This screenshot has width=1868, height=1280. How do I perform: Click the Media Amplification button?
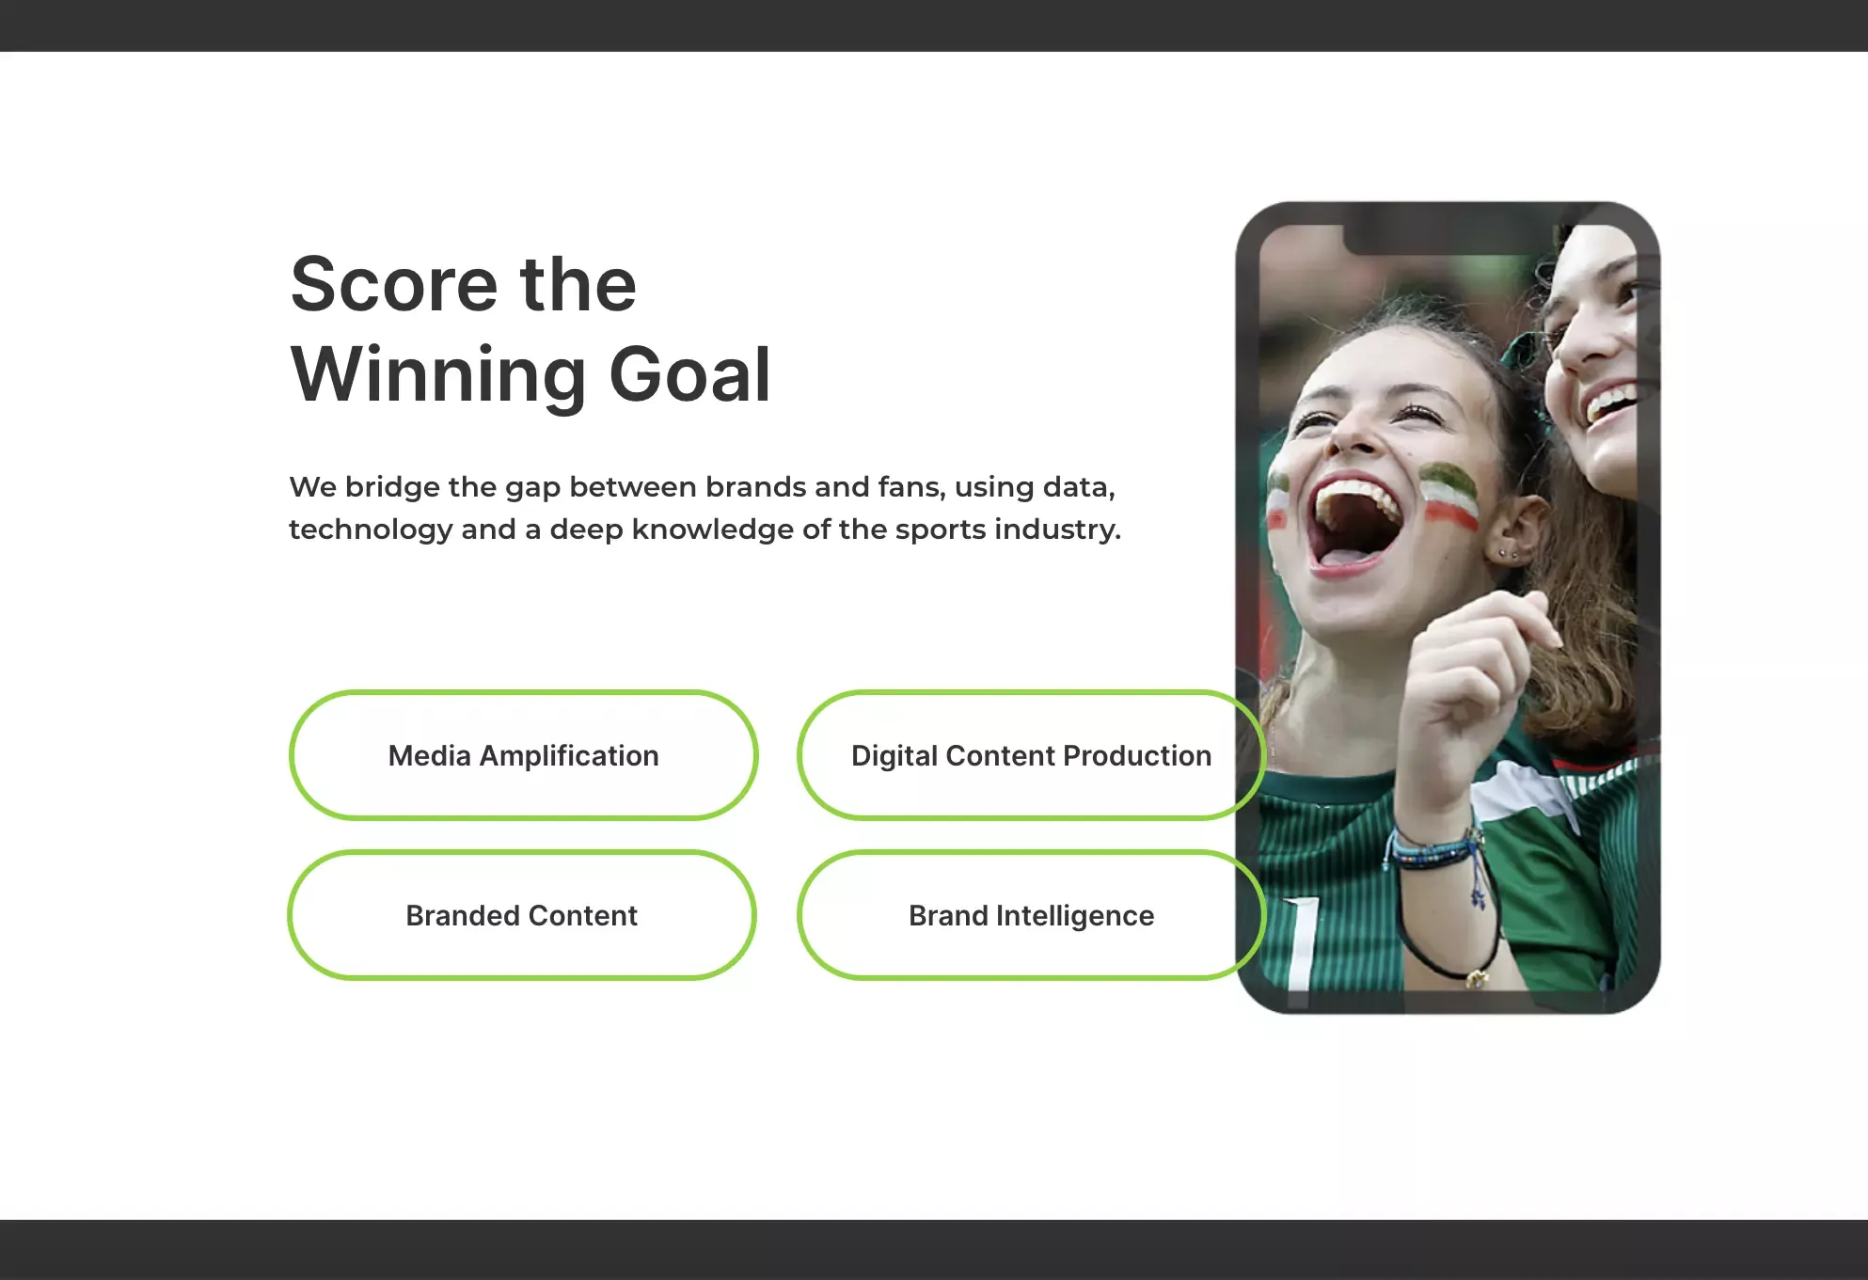[523, 755]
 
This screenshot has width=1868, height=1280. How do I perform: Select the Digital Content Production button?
[1031, 755]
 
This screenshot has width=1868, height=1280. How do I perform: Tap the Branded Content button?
[522, 915]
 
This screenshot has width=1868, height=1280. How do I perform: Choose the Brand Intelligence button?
[1031, 915]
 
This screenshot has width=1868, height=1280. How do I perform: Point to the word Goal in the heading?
[690, 374]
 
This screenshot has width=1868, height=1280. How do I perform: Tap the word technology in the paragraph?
[371, 529]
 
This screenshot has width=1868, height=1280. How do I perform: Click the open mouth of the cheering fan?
[1355, 522]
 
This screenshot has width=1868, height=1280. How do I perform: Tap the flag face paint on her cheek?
[1449, 494]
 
